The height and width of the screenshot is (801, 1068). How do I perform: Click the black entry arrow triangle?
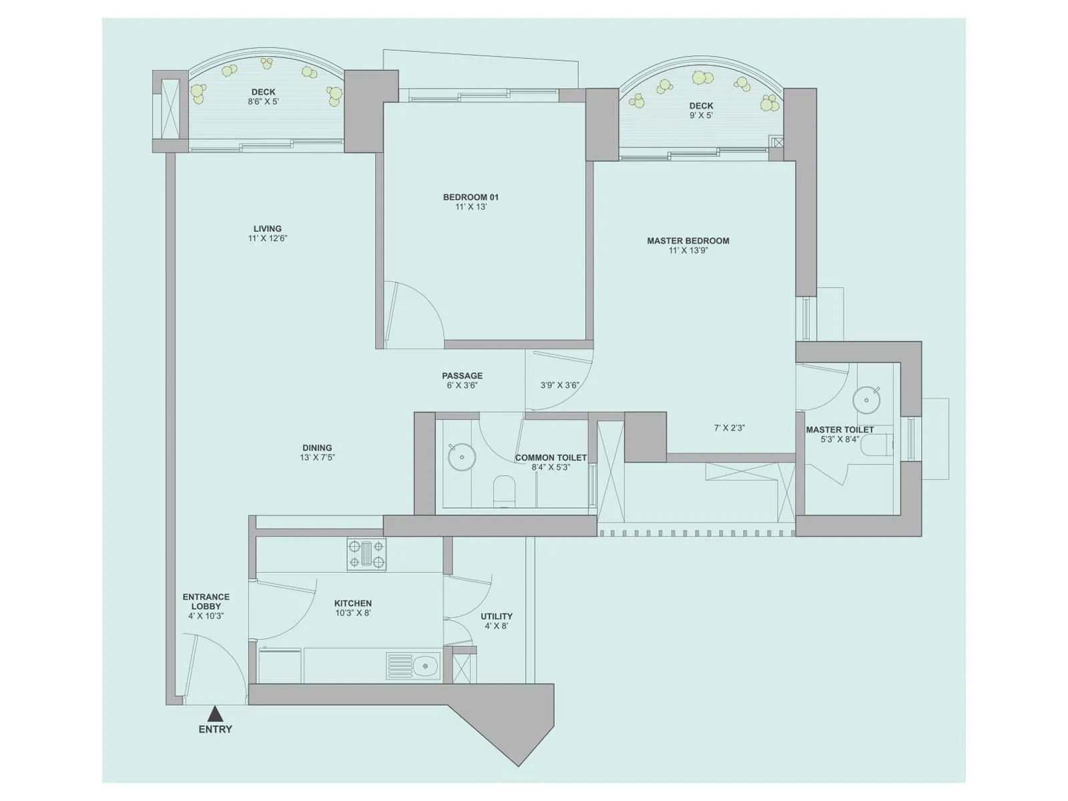(215, 714)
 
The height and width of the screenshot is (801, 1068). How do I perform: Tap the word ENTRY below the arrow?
(215, 730)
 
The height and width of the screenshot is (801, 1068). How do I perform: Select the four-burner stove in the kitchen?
(366, 555)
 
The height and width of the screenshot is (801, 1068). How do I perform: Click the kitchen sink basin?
(425, 665)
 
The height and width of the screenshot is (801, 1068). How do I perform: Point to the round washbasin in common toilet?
(461, 457)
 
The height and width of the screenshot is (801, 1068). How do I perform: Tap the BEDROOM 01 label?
(471, 197)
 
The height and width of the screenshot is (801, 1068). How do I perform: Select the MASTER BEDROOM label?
(688, 240)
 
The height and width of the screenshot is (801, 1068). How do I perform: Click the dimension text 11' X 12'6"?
(267, 238)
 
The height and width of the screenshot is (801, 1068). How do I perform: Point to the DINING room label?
(317, 448)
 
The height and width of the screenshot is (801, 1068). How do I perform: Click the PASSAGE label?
(462, 376)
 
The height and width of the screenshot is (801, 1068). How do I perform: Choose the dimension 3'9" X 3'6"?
(559, 385)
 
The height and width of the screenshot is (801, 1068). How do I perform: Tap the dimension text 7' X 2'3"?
(729, 428)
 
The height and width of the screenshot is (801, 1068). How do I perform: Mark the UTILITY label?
(497, 616)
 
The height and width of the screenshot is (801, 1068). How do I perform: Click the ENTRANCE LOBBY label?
(206, 601)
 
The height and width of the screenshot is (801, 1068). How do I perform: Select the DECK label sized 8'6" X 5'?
(263, 92)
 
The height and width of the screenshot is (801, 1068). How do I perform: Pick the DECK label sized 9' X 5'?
(701, 105)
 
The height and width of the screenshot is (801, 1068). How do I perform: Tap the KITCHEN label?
(353, 603)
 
